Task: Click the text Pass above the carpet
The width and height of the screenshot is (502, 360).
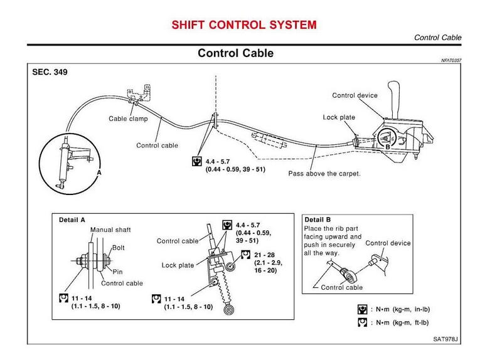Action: pos(324,173)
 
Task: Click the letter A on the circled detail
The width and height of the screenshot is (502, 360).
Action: pos(99,171)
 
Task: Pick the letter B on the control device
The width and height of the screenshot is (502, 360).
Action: pos(387,146)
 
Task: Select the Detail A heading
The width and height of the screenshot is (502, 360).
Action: pos(72,220)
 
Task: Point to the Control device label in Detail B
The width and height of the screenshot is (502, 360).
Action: pos(387,243)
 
